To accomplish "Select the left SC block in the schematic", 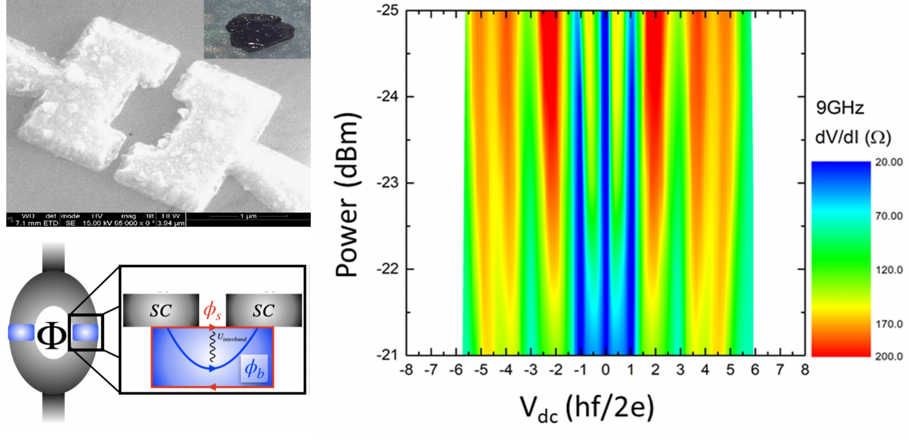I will tap(160, 309).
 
